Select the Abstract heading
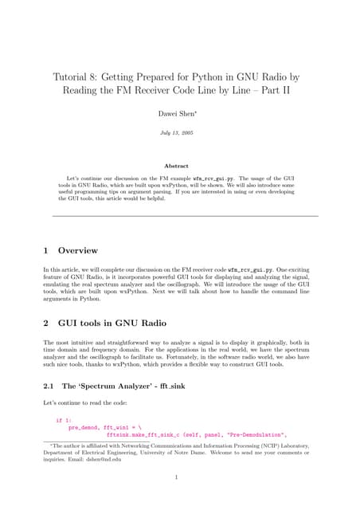[180, 167]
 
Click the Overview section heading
[78, 249]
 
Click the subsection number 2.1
[49, 386]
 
